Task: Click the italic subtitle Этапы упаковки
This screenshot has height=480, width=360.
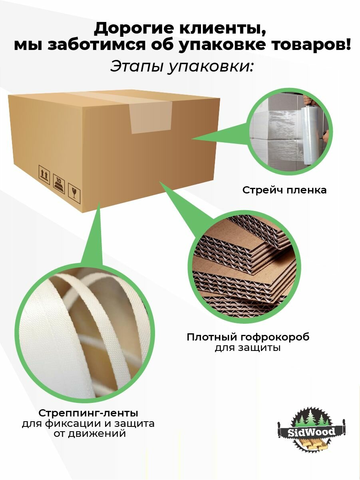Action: (x=181, y=66)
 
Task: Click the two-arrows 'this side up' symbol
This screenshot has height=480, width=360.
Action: (x=44, y=175)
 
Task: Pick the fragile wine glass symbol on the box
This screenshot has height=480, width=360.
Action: (x=74, y=193)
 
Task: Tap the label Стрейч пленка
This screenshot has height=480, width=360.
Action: (x=284, y=190)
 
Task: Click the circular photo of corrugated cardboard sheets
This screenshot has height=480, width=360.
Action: (x=244, y=267)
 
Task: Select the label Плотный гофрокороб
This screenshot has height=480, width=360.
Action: (x=248, y=337)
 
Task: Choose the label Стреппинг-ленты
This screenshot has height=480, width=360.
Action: (x=88, y=413)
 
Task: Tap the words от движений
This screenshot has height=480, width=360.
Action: (x=90, y=433)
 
